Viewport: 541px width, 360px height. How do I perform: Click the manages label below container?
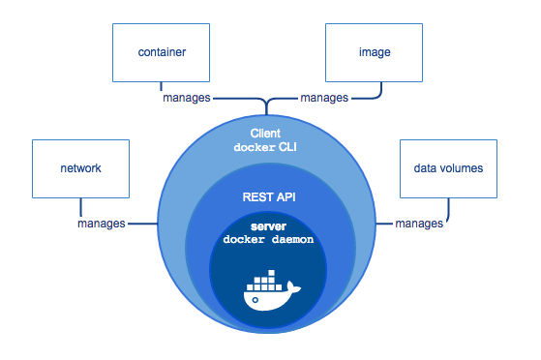click(x=186, y=98)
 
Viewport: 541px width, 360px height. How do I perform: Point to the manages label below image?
click(x=325, y=98)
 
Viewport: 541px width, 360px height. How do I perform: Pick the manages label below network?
click(x=102, y=224)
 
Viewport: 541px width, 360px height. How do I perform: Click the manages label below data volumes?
click(x=419, y=224)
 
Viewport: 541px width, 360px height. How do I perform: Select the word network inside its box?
click(x=80, y=168)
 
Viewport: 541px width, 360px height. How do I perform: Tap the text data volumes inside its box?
click(x=448, y=168)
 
